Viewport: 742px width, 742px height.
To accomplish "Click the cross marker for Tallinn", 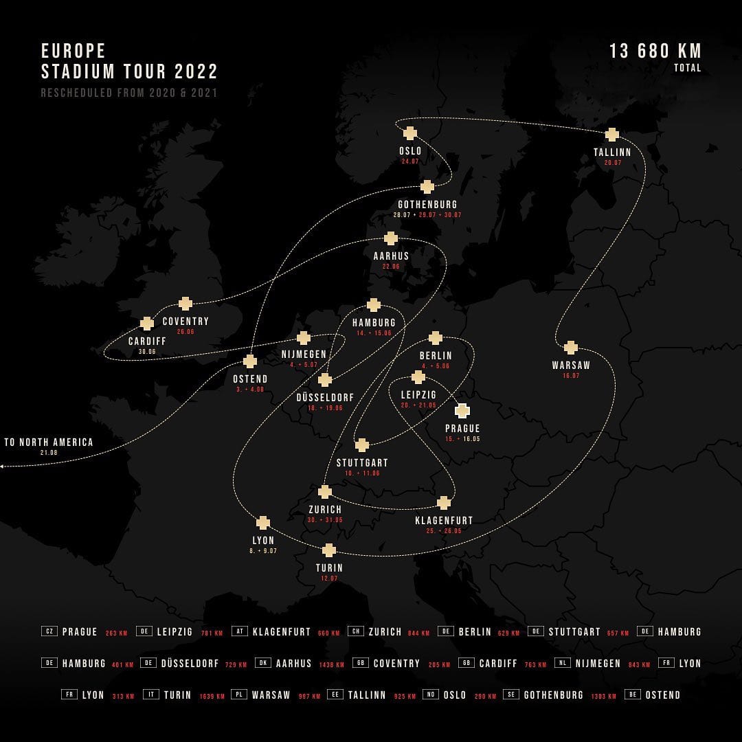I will click(611, 135).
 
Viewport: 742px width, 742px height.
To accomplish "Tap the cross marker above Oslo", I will click(410, 133).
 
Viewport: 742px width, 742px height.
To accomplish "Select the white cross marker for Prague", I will click(462, 411).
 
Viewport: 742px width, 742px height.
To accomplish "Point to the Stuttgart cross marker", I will click(362, 445).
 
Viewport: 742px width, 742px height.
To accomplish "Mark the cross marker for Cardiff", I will click(147, 324).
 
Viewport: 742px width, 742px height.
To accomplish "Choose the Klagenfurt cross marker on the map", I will click(444, 503).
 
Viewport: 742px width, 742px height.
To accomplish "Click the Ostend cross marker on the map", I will click(250, 361).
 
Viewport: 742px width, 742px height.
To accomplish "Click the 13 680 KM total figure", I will click(655, 52).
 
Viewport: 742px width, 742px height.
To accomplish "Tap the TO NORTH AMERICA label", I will click(49, 442).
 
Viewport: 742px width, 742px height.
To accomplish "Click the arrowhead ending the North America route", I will click(2, 466).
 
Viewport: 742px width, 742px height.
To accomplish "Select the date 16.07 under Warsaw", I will click(571, 376).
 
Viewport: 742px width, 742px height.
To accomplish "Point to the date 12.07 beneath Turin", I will click(329, 578).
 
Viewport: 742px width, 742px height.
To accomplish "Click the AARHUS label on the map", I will click(391, 256).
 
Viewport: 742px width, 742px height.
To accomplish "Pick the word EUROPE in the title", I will click(74, 52).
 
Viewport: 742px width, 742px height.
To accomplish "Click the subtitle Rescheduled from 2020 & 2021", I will click(129, 93).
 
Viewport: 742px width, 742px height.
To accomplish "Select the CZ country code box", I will click(49, 631).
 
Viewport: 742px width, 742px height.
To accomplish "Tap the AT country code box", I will click(239, 631).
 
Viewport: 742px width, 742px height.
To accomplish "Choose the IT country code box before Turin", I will click(151, 695).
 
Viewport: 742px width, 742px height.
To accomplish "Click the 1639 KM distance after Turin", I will click(212, 696).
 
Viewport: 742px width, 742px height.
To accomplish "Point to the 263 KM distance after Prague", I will click(115, 633).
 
